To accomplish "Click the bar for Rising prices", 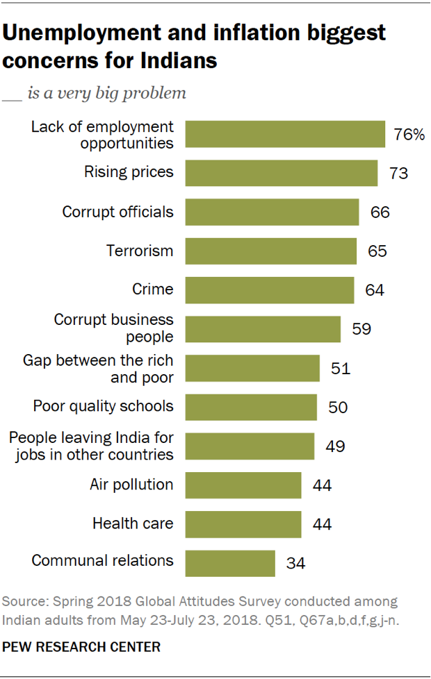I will pyautogui.click(x=282, y=172).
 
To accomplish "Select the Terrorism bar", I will pyautogui.click(x=271, y=251).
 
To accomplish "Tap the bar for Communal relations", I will pyautogui.click(x=231, y=562).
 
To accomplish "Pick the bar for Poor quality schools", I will pyautogui.click(x=252, y=406).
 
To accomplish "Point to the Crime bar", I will pyautogui.click(x=270, y=290).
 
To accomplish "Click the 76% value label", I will pyautogui.click(x=409, y=135).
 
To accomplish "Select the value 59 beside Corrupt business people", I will pyautogui.click(x=361, y=328).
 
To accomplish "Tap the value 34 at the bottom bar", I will pyautogui.click(x=296, y=562).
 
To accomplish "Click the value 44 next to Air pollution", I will pyautogui.click(x=322, y=485).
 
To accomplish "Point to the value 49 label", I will pyautogui.click(x=335, y=446).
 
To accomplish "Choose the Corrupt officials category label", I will pyautogui.click(x=118, y=212).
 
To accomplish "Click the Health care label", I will pyautogui.click(x=133, y=523).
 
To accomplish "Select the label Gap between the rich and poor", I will pyautogui.click(x=98, y=369).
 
